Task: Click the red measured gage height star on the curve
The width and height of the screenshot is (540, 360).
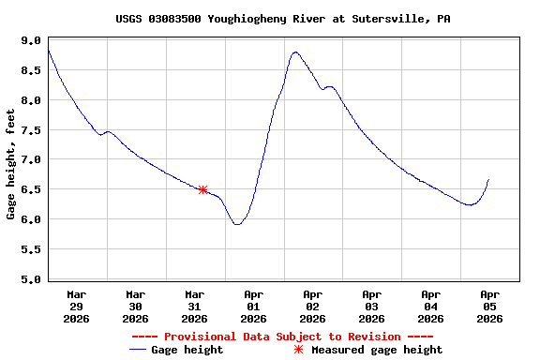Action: click(202, 189)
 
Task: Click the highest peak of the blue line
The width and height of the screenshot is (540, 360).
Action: click(295, 52)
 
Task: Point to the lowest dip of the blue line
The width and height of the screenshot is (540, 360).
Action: click(237, 225)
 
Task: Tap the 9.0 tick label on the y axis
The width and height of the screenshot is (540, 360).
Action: click(31, 41)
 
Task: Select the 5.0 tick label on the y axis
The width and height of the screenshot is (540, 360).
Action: click(31, 279)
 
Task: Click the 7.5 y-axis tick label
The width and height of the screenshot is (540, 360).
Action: click(31, 130)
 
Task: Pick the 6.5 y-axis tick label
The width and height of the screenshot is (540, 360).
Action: click(31, 190)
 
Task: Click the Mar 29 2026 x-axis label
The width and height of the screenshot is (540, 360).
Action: click(77, 307)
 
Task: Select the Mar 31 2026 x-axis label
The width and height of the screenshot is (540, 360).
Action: click(194, 307)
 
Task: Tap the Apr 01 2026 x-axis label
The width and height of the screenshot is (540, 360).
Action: click(253, 307)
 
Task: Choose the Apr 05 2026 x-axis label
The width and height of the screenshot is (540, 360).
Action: click(488, 307)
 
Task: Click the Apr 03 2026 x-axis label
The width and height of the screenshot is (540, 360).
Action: click(371, 307)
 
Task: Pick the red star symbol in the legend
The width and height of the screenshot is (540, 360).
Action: click(299, 350)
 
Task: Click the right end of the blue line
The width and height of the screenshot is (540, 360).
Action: click(488, 179)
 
